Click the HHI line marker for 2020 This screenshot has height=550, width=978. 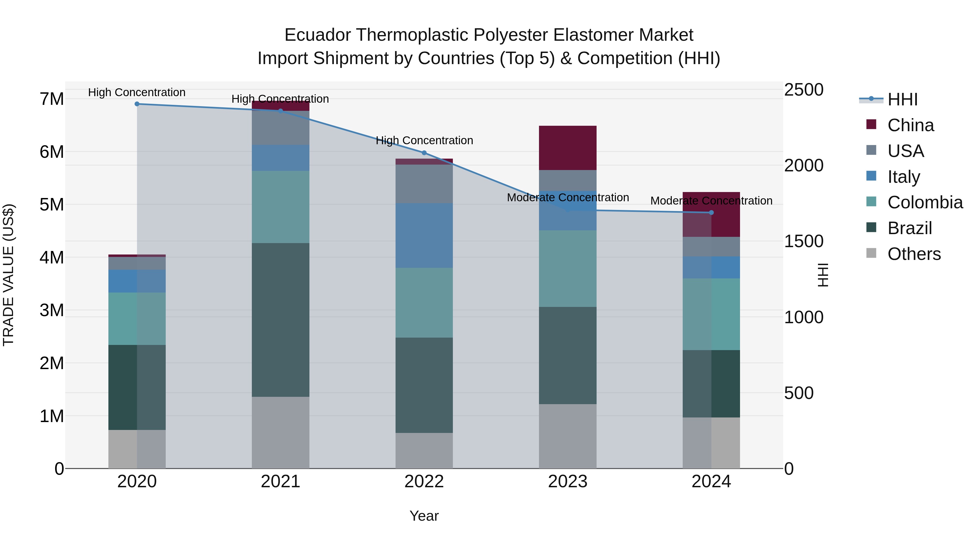pos(137,104)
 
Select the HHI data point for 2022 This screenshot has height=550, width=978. pos(424,153)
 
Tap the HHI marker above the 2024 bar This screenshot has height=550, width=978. pos(711,213)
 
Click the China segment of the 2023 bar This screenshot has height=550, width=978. pos(568,148)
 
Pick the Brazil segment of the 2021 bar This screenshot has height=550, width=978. pos(281,320)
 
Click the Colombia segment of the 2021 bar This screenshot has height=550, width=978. pos(281,207)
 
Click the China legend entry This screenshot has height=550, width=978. pos(910,125)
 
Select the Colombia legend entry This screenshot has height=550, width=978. pos(925,202)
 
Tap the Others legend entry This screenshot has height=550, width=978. pos(914,254)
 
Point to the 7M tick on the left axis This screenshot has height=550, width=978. pos(52,99)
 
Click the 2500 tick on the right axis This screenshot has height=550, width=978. pos(804,90)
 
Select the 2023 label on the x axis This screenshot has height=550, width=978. pos(568,482)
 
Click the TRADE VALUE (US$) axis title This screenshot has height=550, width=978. pos(8,275)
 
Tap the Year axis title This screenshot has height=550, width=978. pos(424,516)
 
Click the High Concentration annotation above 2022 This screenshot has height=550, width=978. pos(424,140)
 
